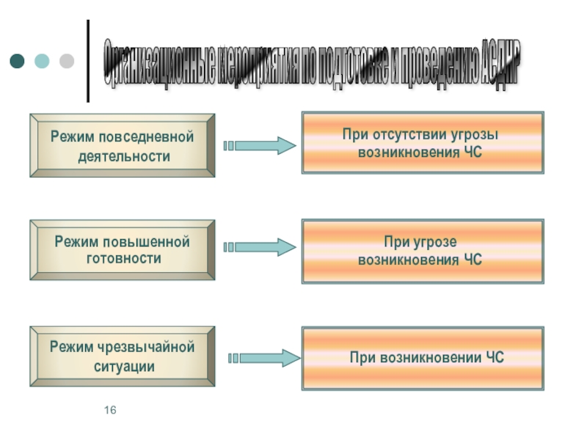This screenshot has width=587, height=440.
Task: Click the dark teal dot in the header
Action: point(17,61)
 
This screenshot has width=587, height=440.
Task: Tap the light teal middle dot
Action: point(42,61)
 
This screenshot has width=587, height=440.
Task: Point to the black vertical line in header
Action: point(89,61)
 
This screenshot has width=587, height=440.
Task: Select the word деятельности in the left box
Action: point(123,156)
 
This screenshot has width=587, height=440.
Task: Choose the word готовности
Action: point(123,259)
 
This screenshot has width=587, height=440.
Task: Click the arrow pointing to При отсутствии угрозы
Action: point(261,145)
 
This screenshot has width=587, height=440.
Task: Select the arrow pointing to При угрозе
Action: point(261,248)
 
